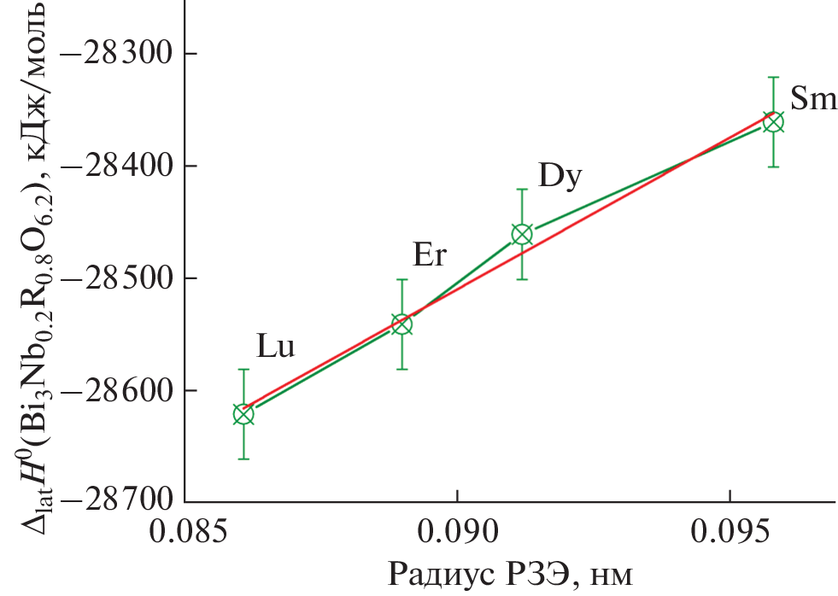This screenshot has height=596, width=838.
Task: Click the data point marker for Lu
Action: (243, 414)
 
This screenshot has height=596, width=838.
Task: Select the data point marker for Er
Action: (401, 324)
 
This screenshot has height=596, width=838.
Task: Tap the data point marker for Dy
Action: (522, 234)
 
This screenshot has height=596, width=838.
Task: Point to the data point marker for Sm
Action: (773, 122)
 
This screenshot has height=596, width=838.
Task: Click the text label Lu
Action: (276, 346)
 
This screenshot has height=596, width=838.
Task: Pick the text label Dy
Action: (560, 176)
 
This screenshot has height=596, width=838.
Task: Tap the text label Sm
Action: (813, 98)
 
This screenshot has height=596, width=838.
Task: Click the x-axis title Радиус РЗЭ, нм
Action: (510, 574)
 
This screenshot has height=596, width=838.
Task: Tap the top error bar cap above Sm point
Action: (773, 78)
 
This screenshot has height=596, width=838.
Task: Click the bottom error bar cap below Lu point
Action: (243, 459)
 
